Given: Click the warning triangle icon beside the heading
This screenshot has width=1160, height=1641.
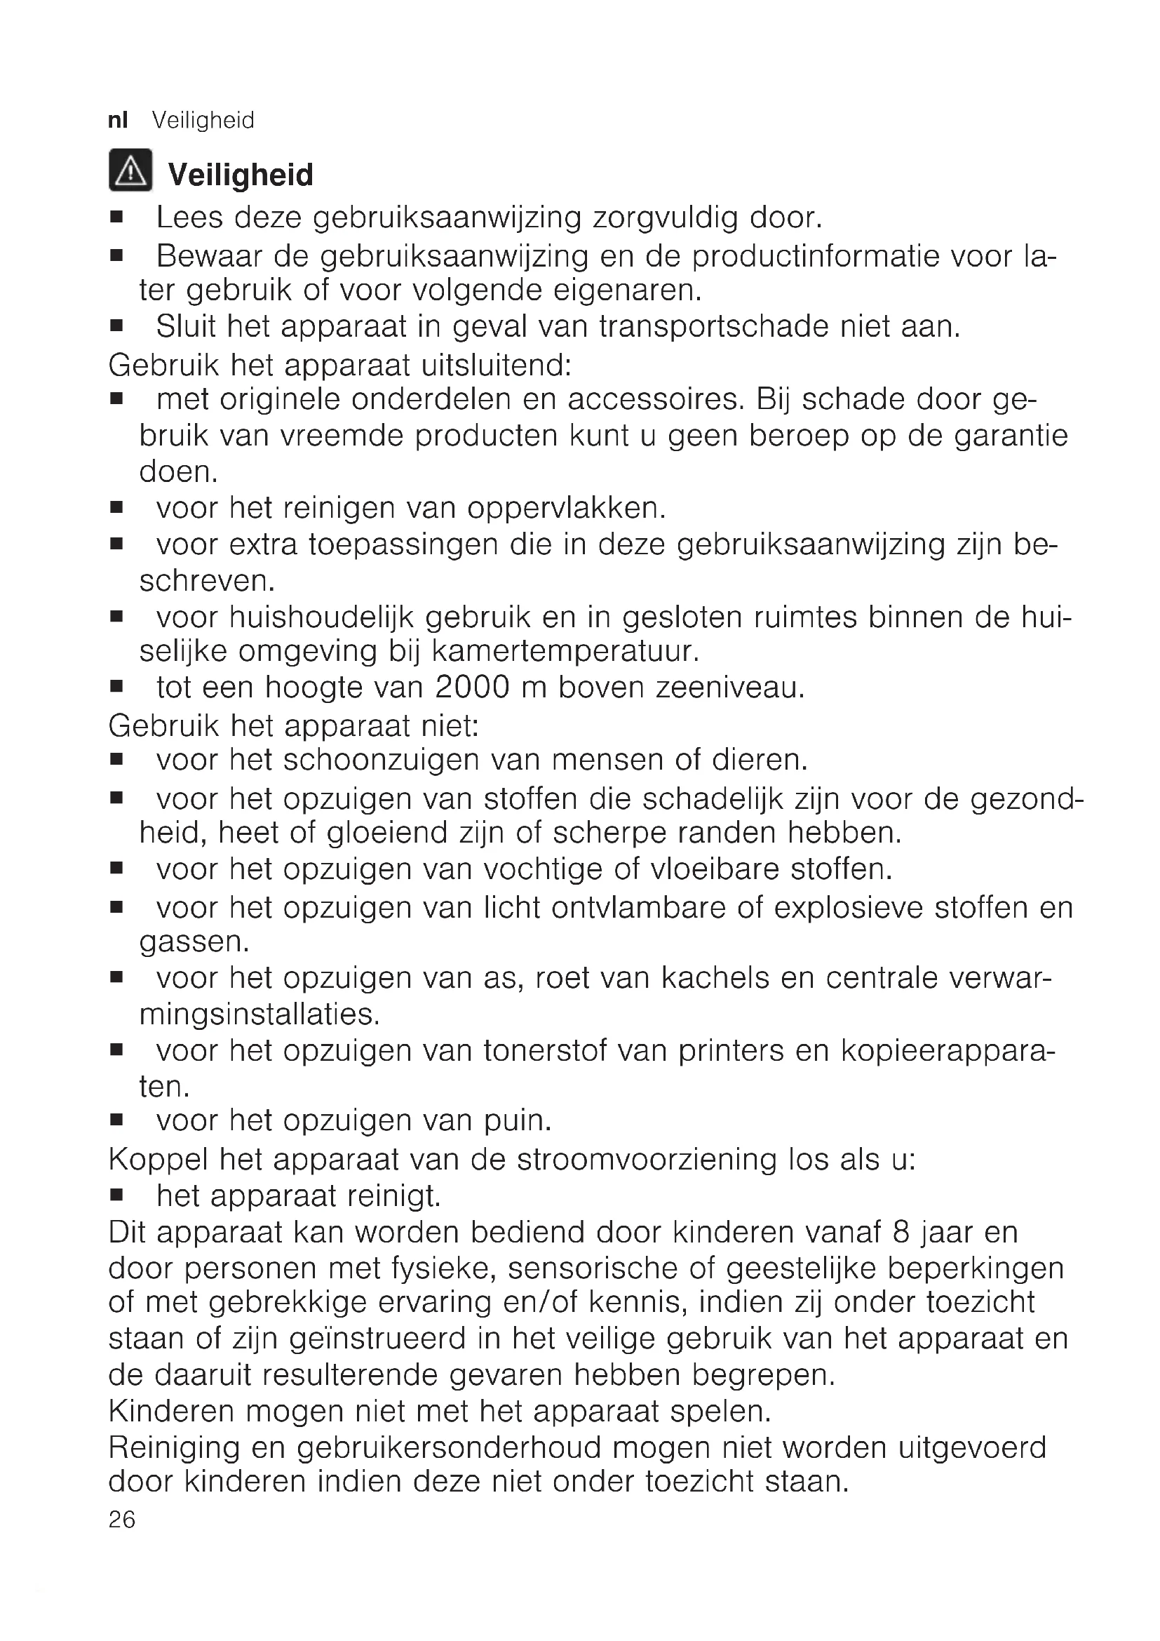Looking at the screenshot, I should click(130, 170).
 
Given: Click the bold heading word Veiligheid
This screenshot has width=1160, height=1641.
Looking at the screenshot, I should click(241, 175).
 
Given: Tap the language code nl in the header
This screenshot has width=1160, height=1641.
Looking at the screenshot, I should click(118, 120).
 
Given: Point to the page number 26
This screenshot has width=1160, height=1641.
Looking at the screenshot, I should click(122, 1520).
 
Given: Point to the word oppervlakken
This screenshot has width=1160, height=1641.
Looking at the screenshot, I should click(567, 508).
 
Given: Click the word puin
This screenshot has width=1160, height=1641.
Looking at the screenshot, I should click(518, 1120).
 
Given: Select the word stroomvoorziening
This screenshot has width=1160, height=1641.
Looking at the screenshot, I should click(647, 1159).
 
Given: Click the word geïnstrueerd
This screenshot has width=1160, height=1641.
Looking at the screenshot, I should click(378, 1338).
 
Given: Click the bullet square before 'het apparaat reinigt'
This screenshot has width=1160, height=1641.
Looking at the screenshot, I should click(117, 1194).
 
